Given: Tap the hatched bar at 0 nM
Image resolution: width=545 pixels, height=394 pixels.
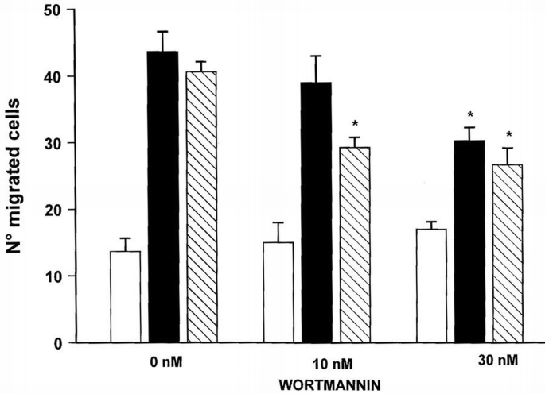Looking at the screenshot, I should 201,207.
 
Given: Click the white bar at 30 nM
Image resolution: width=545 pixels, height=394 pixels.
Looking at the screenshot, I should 431,286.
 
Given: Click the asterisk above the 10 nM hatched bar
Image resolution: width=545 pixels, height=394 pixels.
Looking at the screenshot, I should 355,125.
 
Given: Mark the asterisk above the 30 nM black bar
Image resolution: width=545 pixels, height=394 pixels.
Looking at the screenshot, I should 470,115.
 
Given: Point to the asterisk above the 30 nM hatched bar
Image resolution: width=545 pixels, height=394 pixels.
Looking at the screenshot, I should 508,135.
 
